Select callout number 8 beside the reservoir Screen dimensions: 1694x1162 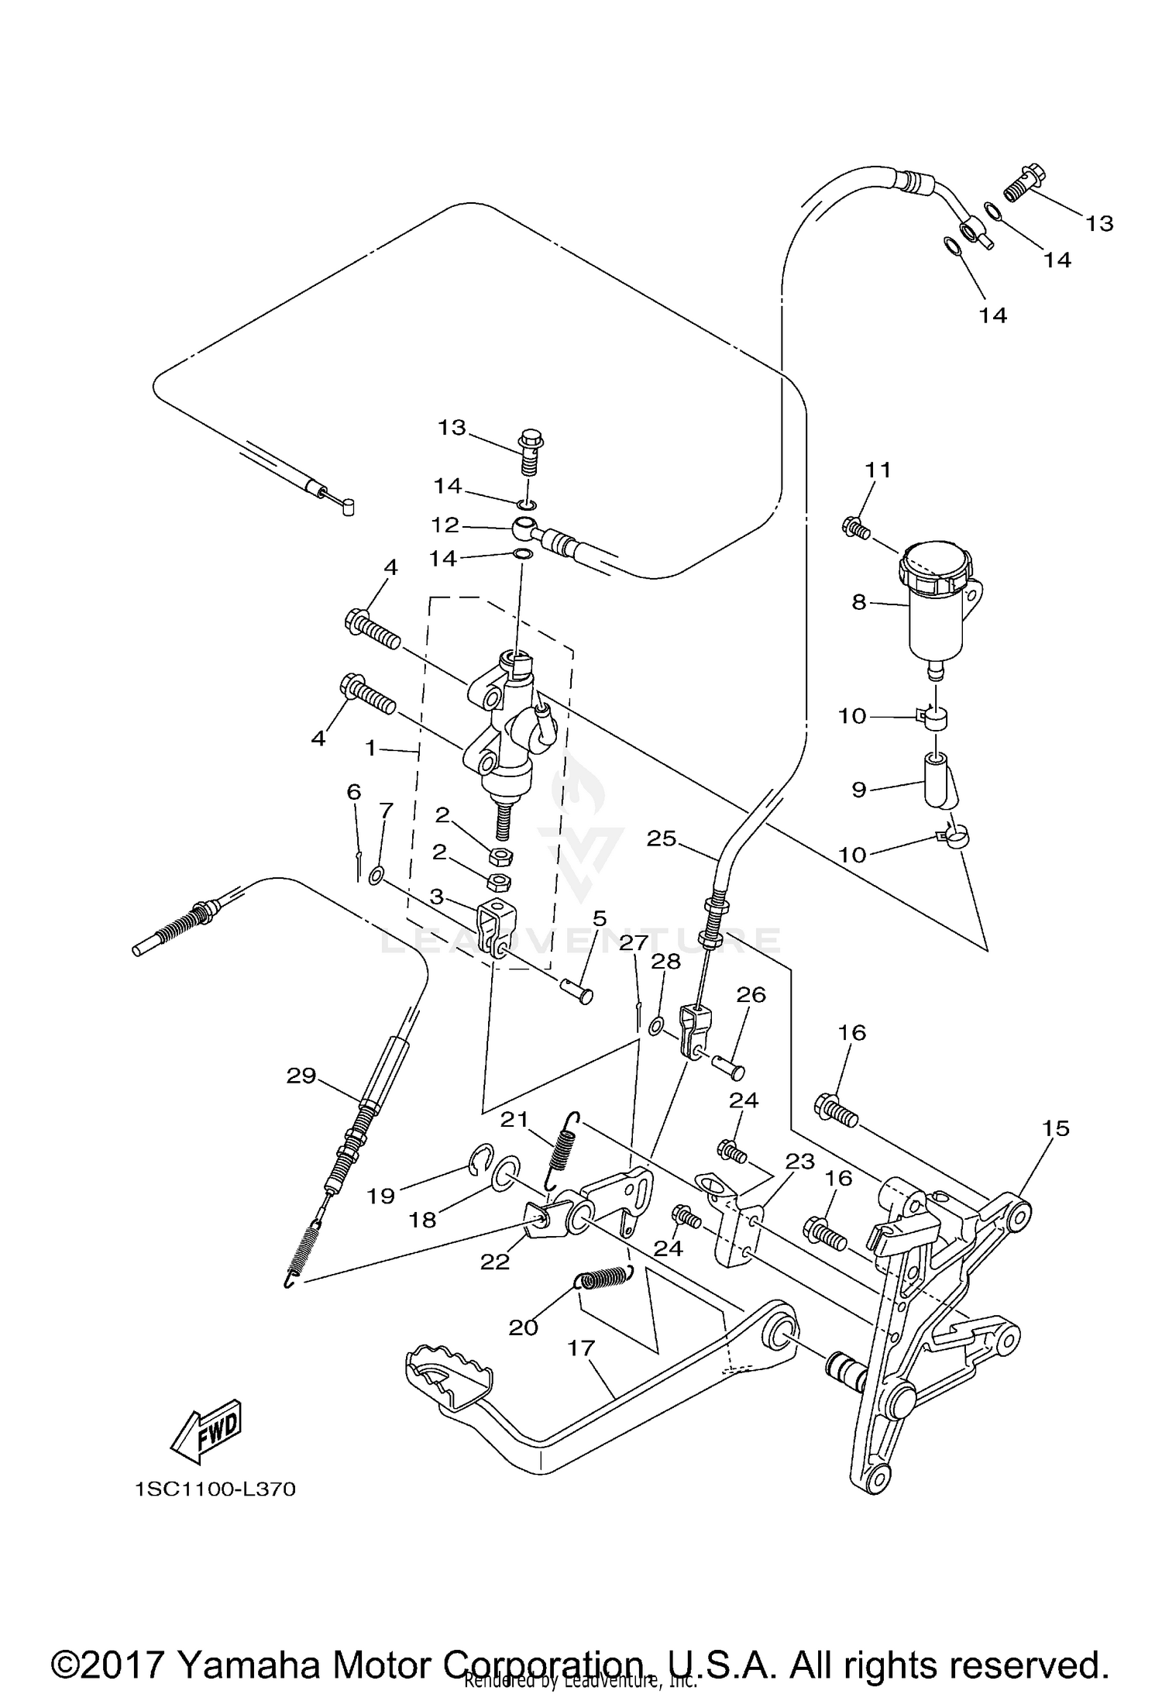[x=858, y=601]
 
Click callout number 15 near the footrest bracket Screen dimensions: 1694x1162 [x=1056, y=1128]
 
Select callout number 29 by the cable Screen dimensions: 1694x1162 [x=301, y=1076]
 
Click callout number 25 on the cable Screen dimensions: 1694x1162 [x=662, y=838]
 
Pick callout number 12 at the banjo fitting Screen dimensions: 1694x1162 [x=445, y=525]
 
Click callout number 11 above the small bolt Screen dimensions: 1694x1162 [x=878, y=470]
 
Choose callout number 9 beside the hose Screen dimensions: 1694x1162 [x=858, y=790]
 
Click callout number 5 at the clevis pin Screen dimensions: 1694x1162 [x=599, y=919]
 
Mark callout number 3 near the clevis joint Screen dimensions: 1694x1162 [x=436, y=897]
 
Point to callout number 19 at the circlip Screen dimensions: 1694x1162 [x=381, y=1196]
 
